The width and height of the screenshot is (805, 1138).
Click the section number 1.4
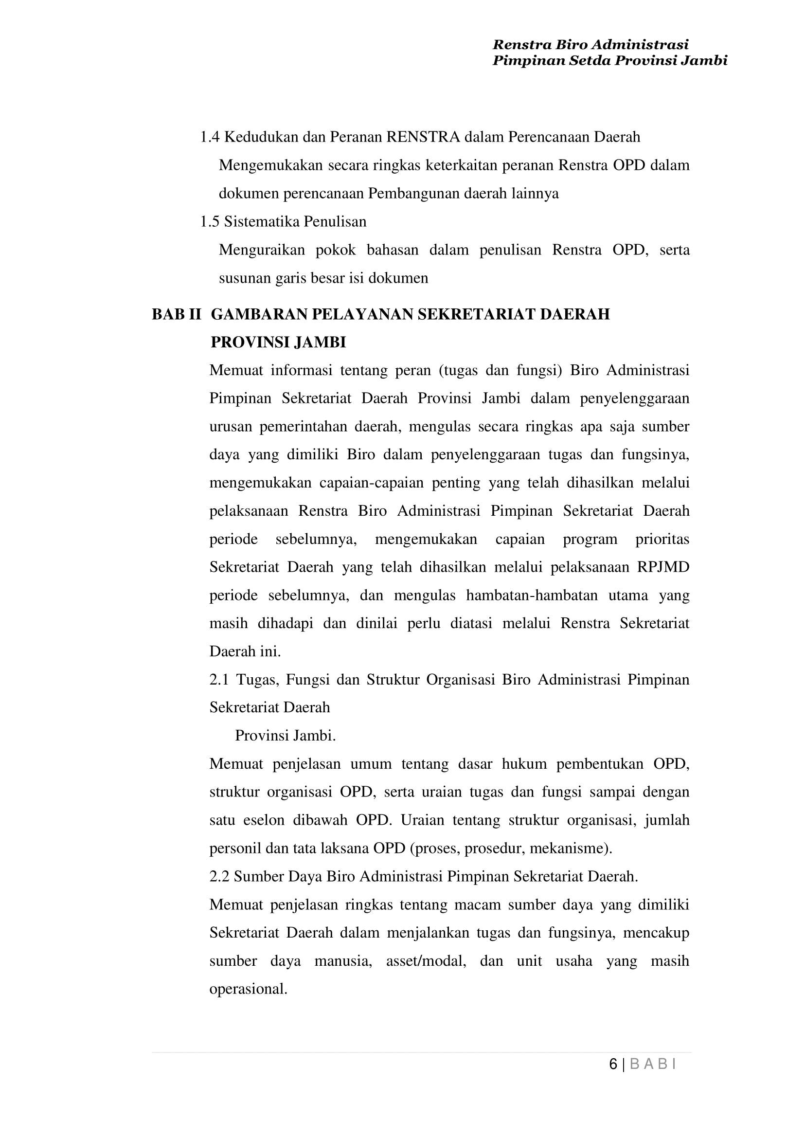click(210, 137)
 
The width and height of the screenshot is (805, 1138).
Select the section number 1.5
click(210, 222)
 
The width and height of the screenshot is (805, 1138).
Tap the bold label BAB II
click(176, 314)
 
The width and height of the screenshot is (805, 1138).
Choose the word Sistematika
click(261, 222)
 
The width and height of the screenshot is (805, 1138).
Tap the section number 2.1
click(219, 680)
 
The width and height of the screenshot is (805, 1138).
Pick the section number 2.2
click(219, 877)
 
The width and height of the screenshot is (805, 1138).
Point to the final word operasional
click(249, 989)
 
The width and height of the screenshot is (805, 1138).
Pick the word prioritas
click(662, 540)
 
